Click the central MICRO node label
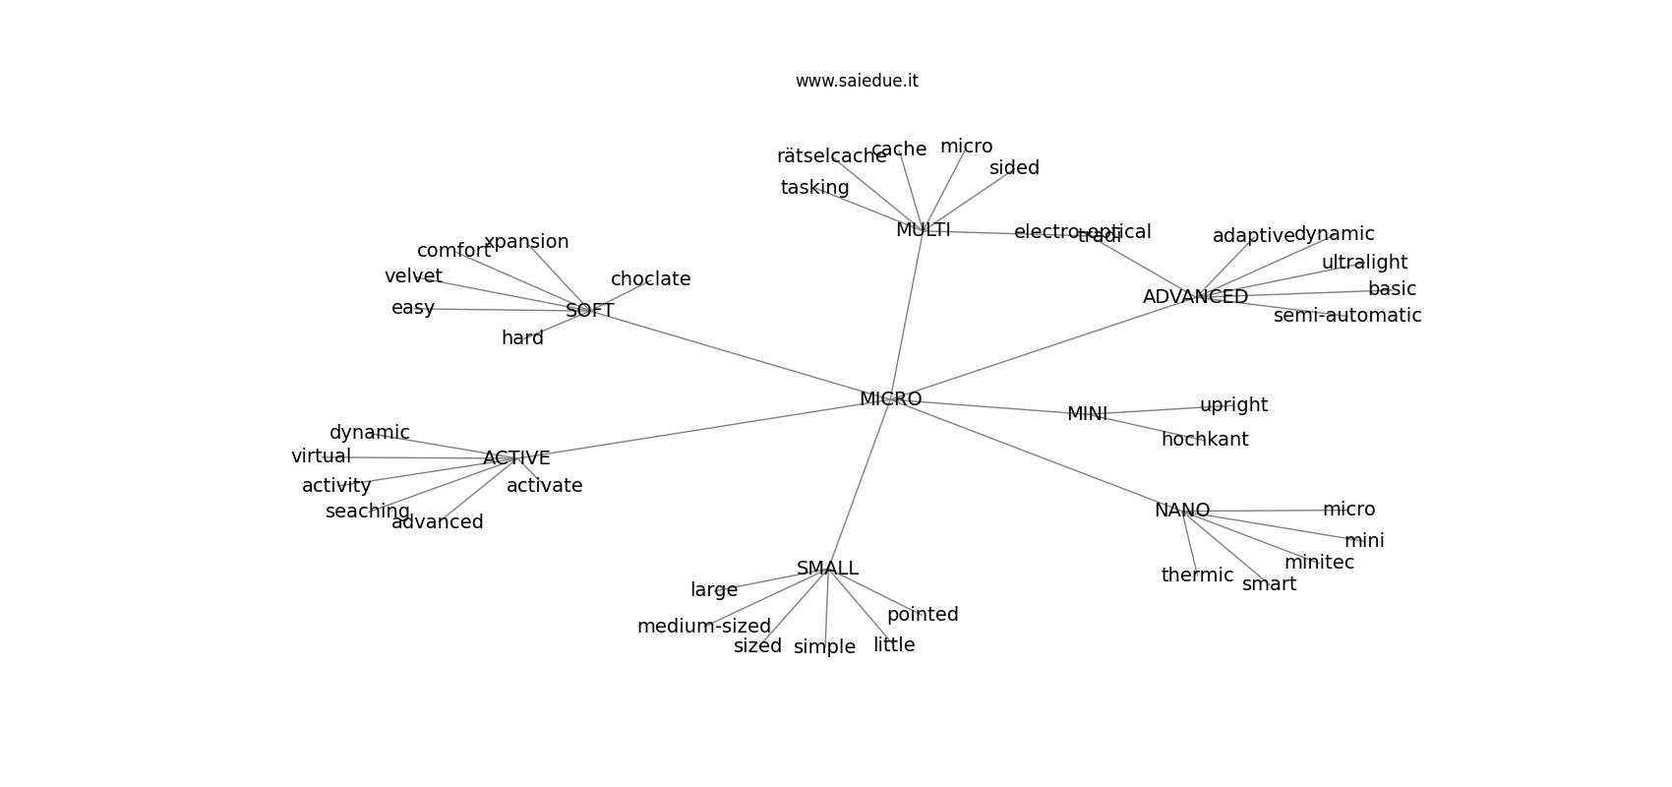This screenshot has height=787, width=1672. tap(890, 399)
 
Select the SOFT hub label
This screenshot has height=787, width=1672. tap(589, 311)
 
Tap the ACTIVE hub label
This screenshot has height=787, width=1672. tap(516, 458)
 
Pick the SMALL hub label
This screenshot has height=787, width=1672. tap(827, 569)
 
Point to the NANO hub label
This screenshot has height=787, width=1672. tap(1181, 511)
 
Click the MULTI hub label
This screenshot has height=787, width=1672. tap(923, 230)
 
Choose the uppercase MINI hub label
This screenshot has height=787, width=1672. tap(1087, 414)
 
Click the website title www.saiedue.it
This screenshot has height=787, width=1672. tap(857, 81)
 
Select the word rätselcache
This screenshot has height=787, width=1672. tap(831, 156)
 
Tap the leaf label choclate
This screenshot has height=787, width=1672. tap(650, 279)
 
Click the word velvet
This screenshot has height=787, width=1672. tap(413, 276)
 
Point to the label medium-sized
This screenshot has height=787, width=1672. tap(703, 627)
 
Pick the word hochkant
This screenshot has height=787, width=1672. tap(1204, 440)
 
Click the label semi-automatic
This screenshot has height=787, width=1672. tap(1346, 316)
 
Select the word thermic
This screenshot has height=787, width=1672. tap(1197, 575)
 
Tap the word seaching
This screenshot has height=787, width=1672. tap(367, 512)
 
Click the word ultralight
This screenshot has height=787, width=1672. tap(1364, 263)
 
